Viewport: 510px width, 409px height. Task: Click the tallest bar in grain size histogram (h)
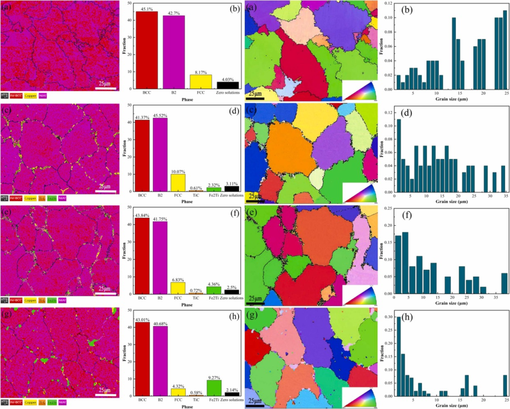point(399,356)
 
